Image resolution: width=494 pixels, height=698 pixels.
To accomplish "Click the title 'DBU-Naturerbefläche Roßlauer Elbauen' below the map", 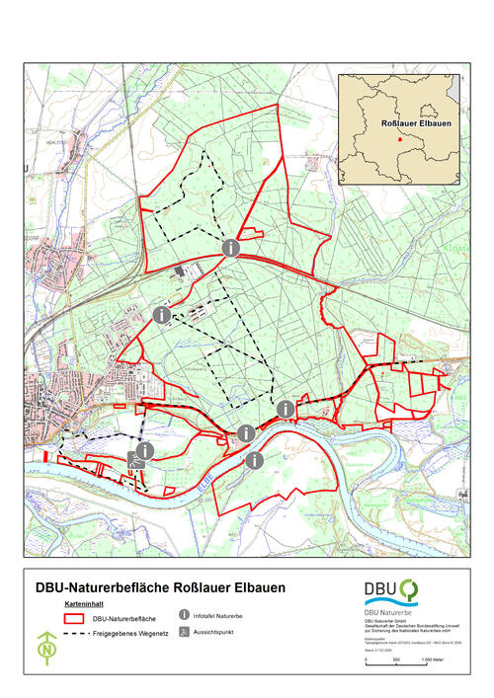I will click(160, 587).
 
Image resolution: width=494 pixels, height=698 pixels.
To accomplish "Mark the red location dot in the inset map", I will click(400, 139).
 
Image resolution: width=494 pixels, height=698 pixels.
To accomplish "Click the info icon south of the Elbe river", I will click(255, 460).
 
